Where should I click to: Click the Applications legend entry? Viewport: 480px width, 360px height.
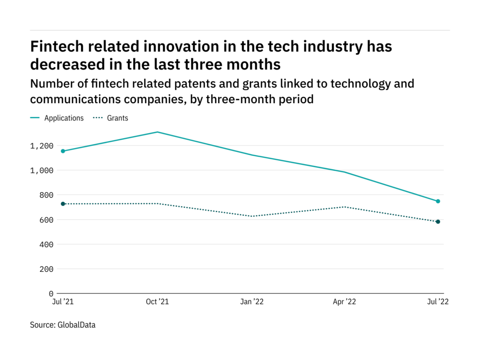(64, 118)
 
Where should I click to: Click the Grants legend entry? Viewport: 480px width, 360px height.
(117, 118)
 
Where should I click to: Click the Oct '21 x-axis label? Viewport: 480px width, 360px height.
(157, 302)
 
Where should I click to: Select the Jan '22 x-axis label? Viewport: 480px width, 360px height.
(252, 302)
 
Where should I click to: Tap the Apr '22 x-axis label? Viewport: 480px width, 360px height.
(345, 302)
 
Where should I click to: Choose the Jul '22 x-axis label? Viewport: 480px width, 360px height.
(438, 302)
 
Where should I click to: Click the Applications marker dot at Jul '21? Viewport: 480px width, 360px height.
(63, 151)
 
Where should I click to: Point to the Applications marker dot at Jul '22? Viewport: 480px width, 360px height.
(438, 201)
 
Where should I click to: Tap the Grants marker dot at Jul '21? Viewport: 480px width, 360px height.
(63, 204)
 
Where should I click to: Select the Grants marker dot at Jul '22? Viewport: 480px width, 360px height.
(438, 222)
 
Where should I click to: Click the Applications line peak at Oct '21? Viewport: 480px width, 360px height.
(157, 132)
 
